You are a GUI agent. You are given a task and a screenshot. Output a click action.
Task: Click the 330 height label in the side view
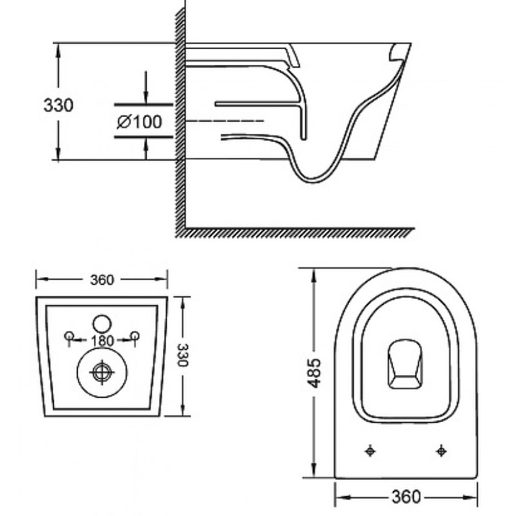59,106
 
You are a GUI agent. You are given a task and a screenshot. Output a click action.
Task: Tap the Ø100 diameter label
139,122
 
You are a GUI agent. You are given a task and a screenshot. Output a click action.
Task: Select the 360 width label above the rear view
102,280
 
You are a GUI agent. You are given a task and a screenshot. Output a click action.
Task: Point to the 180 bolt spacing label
102,341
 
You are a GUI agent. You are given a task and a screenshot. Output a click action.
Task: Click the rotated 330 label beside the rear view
182,355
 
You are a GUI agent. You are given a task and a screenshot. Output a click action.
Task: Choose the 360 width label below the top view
406,496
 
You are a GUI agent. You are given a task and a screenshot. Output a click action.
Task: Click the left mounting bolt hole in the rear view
69,336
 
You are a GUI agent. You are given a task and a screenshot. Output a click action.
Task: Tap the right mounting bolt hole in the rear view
135,336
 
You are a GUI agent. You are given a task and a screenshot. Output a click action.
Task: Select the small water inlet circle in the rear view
102,324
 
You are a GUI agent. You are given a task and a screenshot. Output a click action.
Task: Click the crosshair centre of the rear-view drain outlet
102,372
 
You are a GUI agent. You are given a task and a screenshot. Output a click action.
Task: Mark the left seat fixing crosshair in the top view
370,451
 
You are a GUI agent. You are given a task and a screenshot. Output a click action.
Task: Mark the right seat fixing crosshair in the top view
441,451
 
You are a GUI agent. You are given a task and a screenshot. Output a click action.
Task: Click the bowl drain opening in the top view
406,364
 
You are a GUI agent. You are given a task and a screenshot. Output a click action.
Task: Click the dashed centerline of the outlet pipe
225,121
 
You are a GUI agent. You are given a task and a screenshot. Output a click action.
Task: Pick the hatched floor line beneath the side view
295,232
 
